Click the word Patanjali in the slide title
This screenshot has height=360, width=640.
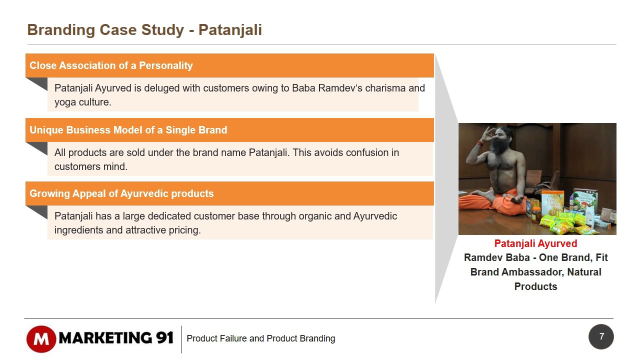[230, 30]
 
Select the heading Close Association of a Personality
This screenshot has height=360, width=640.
[111, 65]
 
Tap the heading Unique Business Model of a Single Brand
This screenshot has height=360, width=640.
[128, 130]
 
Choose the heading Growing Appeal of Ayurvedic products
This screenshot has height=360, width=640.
[121, 193]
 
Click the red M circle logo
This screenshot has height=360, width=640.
[41, 339]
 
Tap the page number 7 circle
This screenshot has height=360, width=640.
[601, 336]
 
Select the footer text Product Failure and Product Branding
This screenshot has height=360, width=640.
[261, 338]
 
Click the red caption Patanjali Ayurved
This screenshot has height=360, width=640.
[535, 243]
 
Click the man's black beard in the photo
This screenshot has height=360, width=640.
[500, 145]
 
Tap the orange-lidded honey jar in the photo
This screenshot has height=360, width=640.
[536, 215]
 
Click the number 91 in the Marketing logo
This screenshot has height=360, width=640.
[165, 338]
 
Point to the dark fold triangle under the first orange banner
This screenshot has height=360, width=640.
[36, 84]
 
